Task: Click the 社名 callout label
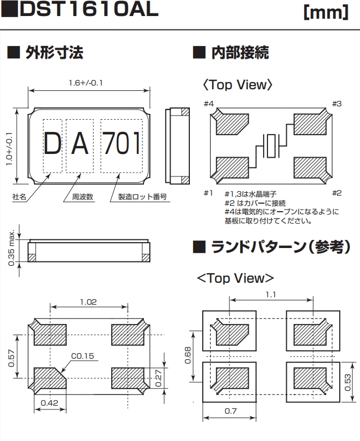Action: [20, 197]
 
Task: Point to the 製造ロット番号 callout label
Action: [139, 197]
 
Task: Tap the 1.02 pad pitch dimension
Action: [89, 302]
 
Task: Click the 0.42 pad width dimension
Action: [49, 403]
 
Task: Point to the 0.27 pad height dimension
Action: [158, 378]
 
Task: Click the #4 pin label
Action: [209, 103]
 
